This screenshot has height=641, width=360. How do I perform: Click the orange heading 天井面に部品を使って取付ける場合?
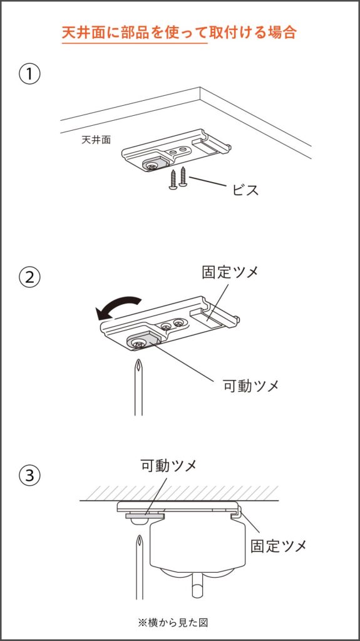[179, 32]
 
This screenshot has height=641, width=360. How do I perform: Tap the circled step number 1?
[30, 74]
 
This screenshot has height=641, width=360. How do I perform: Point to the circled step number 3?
[30, 476]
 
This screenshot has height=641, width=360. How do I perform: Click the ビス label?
[245, 190]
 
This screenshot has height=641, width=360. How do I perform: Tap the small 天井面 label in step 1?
[96, 140]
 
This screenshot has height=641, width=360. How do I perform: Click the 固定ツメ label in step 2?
[230, 272]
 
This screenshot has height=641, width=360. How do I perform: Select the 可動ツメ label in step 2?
[251, 385]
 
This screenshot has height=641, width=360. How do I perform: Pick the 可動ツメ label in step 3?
[168, 465]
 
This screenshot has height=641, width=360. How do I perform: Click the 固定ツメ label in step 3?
[279, 545]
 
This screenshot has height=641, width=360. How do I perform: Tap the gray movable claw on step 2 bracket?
[141, 341]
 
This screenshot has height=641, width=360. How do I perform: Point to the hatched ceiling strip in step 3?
[179, 493]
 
